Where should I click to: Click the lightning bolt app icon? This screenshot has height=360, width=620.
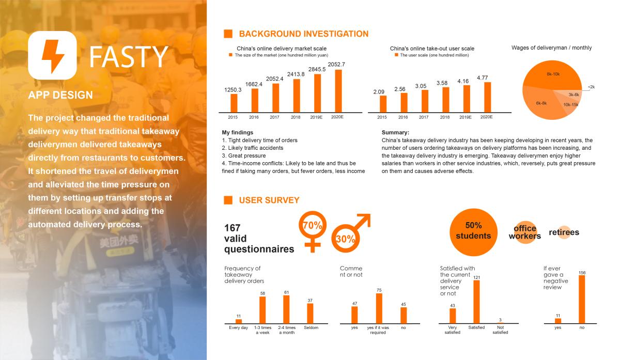click(52, 55)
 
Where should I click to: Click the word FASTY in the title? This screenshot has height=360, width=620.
click(129, 57)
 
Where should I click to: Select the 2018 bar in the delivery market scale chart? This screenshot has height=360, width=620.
click(297, 96)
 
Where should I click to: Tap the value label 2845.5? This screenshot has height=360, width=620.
click(317, 69)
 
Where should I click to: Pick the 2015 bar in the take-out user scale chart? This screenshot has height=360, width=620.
click(383, 104)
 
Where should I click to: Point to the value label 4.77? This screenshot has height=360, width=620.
click(482, 78)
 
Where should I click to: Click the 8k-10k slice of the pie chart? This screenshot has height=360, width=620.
click(552, 75)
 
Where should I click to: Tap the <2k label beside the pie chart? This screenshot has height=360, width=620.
click(591, 87)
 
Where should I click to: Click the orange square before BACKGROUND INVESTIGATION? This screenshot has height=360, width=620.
click(228, 34)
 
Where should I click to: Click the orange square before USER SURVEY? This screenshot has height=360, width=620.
click(228, 200)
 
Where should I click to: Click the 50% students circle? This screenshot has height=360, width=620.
click(473, 232)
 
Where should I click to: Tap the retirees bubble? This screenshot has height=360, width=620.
click(564, 232)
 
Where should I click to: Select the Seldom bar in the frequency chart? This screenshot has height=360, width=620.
click(310, 313)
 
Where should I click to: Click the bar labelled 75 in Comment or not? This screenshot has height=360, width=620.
click(379, 308)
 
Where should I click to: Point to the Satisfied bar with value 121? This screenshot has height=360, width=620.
click(476, 302)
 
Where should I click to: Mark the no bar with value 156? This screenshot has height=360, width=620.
click(582, 300)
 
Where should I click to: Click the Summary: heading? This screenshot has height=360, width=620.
click(395, 132)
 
